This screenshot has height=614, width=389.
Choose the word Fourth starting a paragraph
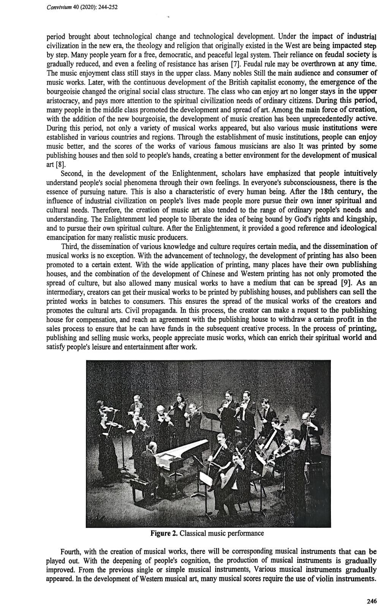click(x=72, y=551)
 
